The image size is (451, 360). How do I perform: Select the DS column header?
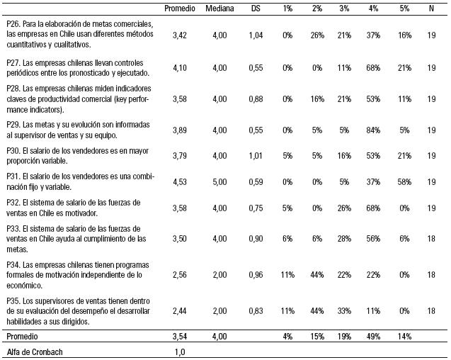pos(257,8)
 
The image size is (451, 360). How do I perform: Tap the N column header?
pos(431,8)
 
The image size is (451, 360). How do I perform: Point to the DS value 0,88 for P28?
pos(257,99)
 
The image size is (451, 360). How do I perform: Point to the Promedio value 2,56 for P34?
pos(179,274)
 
